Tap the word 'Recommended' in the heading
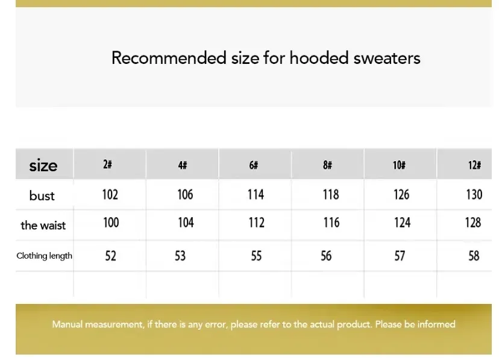[x=169, y=58]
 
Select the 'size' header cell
[x=43, y=165]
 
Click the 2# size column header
[x=107, y=164]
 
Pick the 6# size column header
[x=254, y=165]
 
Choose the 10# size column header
[x=399, y=165]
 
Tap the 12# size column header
[x=474, y=165]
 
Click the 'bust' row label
[x=42, y=195]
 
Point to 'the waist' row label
[x=43, y=226]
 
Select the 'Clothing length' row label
[x=44, y=256]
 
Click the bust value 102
[x=110, y=195]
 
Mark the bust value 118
[x=331, y=195]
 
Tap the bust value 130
[x=474, y=195]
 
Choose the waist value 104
[x=186, y=222]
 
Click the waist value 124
[x=402, y=222]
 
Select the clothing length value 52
[x=111, y=256]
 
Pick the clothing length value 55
[x=256, y=256]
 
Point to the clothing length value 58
[x=474, y=256]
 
